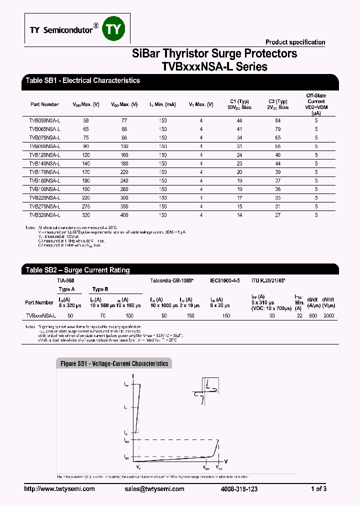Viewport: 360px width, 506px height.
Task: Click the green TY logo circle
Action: coord(114,30)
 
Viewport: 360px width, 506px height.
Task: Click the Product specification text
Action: coord(295,42)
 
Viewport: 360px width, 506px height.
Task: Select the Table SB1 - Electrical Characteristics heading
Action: coord(82,80)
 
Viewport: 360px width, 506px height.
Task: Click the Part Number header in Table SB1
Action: coord(44,104)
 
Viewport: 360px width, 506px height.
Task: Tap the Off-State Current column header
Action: coord(316,104)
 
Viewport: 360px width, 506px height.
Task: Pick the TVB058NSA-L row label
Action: coord(44,121)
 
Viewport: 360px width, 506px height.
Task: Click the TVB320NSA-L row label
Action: coord(44,214)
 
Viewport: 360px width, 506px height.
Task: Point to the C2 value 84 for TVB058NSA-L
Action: coord(278,121)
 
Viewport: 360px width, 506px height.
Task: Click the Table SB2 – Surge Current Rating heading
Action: coord(77,270)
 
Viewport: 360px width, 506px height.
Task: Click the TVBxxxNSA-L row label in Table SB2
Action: coord(40,316)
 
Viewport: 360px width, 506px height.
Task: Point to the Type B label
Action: coord(100,289)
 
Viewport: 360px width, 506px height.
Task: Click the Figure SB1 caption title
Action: coord(114,363)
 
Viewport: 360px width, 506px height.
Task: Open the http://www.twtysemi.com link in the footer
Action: coord(59,489)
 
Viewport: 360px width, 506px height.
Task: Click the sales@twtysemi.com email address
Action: coord(154,489)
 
